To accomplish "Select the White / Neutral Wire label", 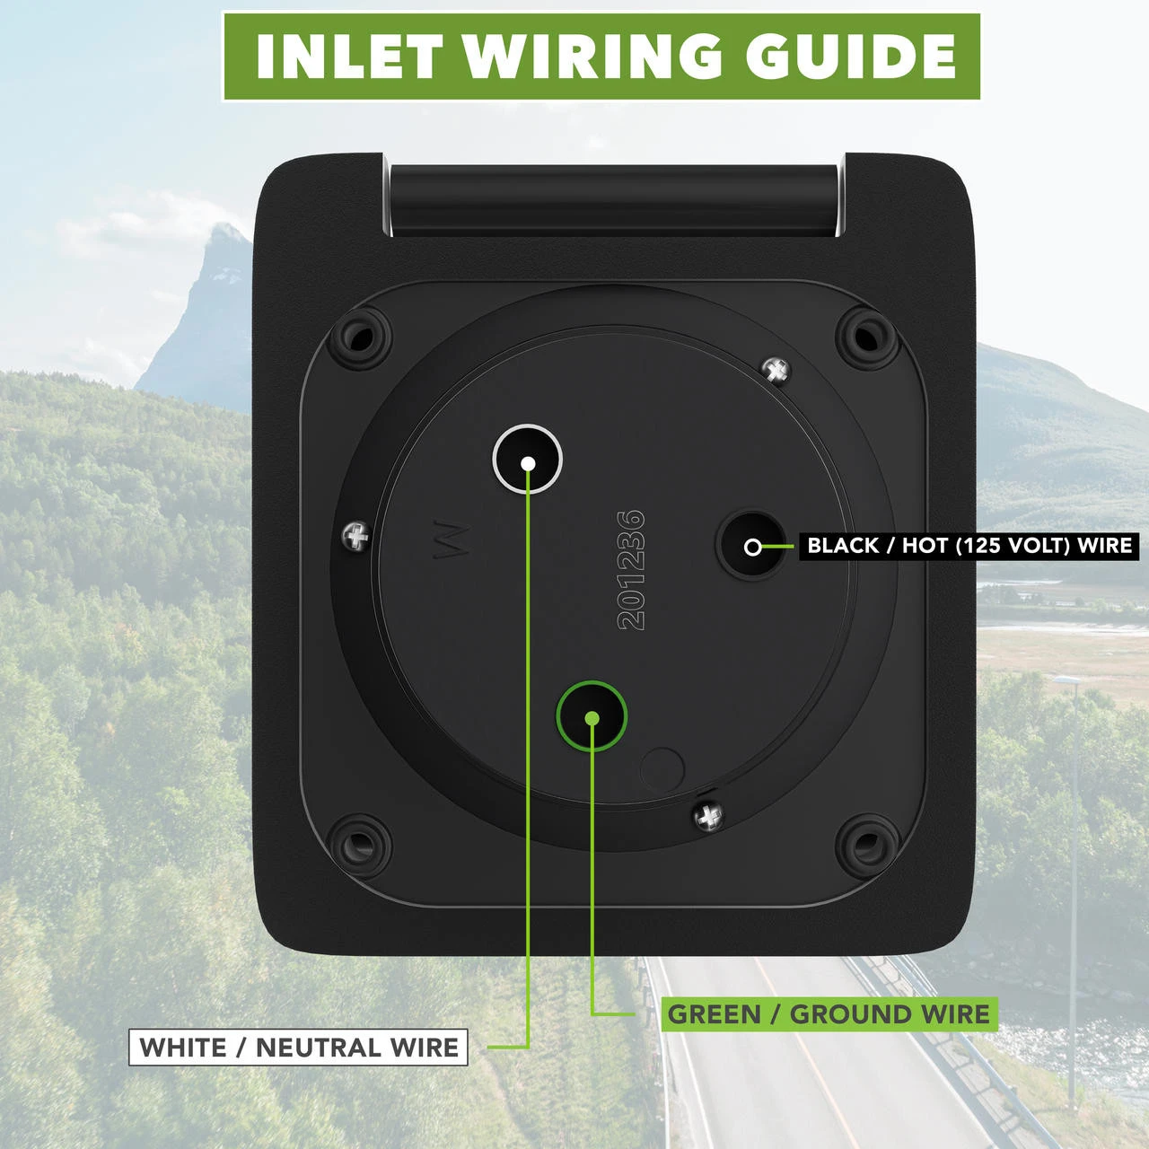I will click(x=298, y=1047).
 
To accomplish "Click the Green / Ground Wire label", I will click(x=829, y=1014).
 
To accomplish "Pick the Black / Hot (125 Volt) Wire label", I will click(x=969, y=545).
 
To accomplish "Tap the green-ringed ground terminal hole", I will click(x=591, y=716).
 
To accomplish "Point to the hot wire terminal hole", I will click(x=752, y=546).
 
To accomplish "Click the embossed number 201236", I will click(x=632, y=570).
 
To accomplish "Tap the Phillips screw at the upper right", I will click(x=776, y=368).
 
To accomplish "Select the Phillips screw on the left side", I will click(x=356, y=537).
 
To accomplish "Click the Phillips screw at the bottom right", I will click(x=710, y=815).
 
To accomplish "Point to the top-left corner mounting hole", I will click(x=361, y=338).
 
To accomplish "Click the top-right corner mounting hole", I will click(x=867, y=338).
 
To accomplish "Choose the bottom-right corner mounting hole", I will click(x=867, y=843).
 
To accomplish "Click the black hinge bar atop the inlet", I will click(x=616, y=197).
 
